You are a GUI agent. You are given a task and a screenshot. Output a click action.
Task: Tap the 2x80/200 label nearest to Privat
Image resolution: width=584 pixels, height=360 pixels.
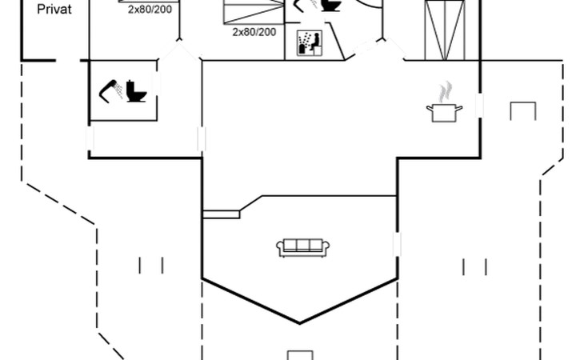click(150, 10)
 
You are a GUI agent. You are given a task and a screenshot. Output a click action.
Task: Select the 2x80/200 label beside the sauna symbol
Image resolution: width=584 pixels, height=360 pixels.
click(254, 32)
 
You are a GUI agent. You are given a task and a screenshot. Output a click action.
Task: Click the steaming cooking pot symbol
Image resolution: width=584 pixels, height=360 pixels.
click(445, 111)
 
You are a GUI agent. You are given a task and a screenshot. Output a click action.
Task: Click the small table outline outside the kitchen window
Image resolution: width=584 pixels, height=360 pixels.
click(522, 110)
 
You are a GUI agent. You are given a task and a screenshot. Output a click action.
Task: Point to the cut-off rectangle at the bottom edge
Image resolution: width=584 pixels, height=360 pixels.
click(299, 355)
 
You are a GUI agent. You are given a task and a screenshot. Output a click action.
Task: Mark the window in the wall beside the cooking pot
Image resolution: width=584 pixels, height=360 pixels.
click(480, 105)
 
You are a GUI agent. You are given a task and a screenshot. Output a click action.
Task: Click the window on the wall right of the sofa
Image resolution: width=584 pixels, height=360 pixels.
click(397, 245)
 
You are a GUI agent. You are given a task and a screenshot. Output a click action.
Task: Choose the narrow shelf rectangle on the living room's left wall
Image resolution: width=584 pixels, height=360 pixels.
click(222, 214)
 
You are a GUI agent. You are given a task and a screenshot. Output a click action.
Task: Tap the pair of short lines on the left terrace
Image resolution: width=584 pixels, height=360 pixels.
click(151, 265)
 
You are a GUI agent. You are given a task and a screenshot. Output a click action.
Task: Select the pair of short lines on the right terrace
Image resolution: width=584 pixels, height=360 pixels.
click(474, 265)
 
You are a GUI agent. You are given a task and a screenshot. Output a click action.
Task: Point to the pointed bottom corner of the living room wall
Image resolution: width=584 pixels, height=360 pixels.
click(300, 322)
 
